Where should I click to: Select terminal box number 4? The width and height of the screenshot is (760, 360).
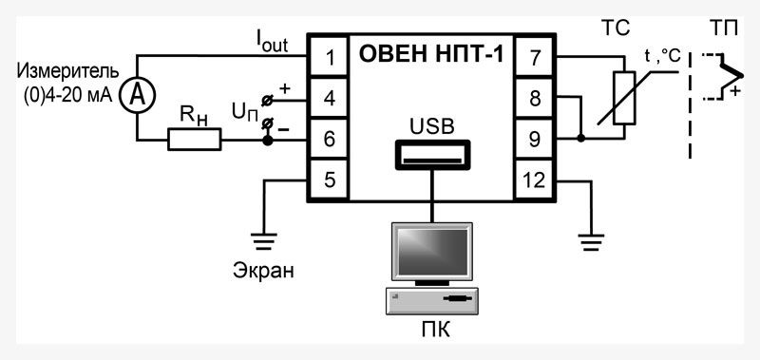click(x=329, y=99)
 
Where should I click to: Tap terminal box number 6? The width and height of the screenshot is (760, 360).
click(x=329, y=139)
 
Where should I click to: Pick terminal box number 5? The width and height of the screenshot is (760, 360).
click(x=329, y=179)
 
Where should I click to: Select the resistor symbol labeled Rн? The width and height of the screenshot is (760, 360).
click(x=195, y=141)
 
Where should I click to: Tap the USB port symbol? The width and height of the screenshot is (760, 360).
click(x=431, y=153)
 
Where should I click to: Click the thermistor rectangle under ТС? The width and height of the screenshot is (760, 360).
click(x=623, y=98)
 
